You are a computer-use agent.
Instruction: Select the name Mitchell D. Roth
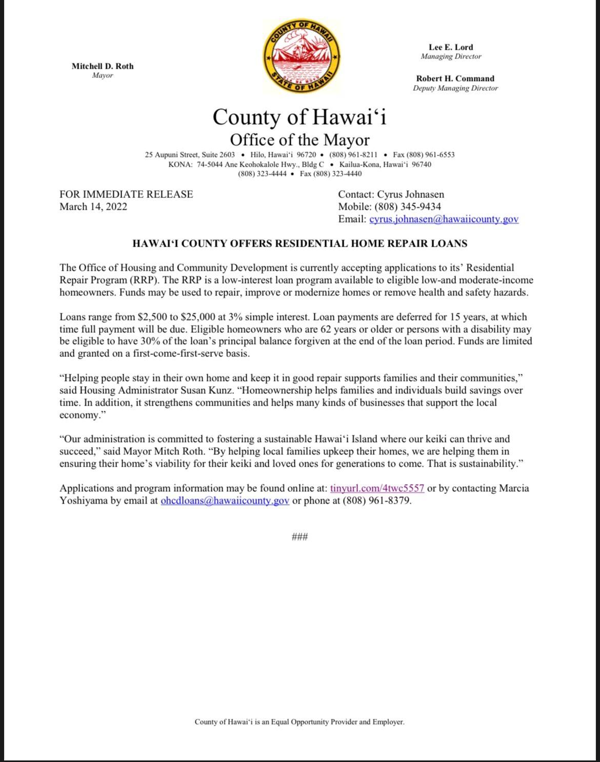point(103,66)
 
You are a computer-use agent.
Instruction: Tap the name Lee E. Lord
point(451,47)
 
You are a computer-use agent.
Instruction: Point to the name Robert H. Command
point(455,78)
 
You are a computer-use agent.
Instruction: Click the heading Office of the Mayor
point(299,140)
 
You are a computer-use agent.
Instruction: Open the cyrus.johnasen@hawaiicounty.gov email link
point(444,219)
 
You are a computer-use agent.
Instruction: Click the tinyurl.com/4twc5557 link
point(377,488)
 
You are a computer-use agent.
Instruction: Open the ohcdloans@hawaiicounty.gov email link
point(225,500)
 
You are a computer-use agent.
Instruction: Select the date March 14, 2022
point(93,207)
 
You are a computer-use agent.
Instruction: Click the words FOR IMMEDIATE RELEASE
point(126,194)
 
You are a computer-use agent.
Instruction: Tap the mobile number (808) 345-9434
point(408,207)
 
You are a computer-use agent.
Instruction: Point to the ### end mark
point(299,537)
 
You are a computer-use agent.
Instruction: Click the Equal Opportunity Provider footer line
point(299,721)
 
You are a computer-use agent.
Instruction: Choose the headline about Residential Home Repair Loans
point(299,244)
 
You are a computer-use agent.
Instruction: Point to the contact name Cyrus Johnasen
point(410,194)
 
